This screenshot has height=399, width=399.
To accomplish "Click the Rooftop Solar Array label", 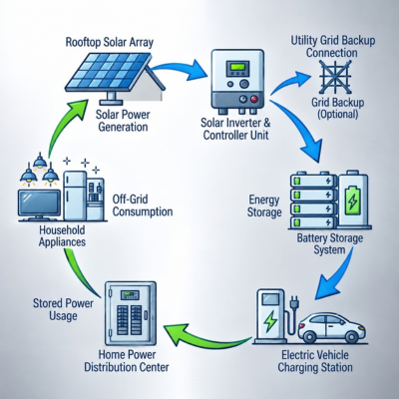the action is (110, 43).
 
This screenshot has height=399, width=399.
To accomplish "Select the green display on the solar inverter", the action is (237, 69).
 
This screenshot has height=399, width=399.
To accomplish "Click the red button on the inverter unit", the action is (254, 99).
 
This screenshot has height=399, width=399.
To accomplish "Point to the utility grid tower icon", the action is (335, 77).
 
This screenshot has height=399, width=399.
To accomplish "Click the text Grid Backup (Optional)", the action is (337, 108).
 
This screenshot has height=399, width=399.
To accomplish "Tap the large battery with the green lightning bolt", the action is (353, 199).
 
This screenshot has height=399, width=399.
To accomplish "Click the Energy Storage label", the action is (264, 205).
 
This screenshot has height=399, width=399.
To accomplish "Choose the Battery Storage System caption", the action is (329, 243).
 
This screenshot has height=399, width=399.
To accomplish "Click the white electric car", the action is (331, 328).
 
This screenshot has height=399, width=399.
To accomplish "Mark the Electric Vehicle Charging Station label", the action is (315, 361).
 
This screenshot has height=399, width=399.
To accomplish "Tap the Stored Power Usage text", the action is (63, 309).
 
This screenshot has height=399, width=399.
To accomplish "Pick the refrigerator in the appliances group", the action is (75, 196).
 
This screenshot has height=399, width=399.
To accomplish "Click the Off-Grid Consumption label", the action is (143, 205).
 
